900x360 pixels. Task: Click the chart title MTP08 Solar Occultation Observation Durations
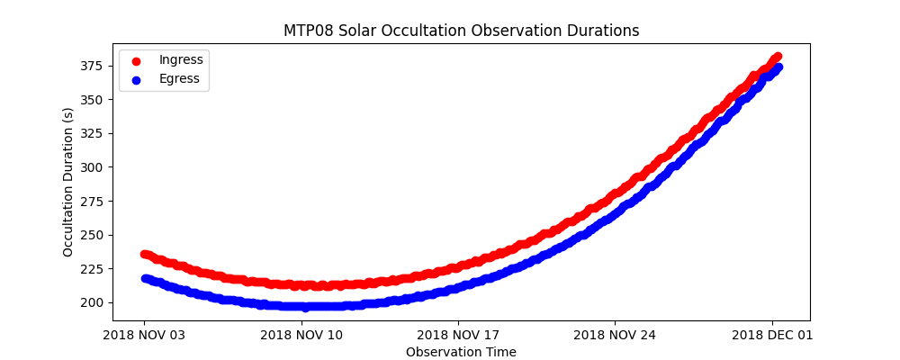tap(461, 31)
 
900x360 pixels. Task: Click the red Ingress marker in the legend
tap(137, 60)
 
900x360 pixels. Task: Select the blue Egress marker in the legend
tap(137, 79)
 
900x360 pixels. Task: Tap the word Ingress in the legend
tap(181, 59)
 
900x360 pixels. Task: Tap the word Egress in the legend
tap(179, 78)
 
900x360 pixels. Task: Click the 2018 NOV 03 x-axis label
tap(144, 335)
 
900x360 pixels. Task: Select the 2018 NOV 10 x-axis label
tap(301, 335)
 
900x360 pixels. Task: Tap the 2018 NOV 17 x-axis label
tap(458, 335)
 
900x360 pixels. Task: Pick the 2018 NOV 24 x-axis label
tap(615, 335)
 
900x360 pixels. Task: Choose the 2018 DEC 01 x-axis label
tap(771, 335)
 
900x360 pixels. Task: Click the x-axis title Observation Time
tap(461, 352)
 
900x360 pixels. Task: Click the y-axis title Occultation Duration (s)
tap(68, 182)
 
